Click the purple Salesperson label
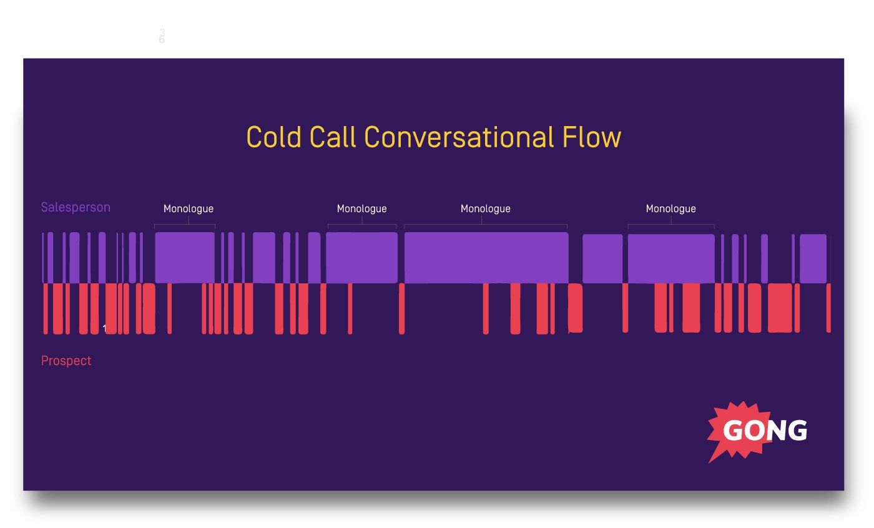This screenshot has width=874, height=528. point(76,207)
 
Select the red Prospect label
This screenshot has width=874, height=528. point(66,361)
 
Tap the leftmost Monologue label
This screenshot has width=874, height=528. point(189,208)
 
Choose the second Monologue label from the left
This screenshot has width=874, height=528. point(361,208)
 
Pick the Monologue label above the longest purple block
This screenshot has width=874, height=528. point(485,208)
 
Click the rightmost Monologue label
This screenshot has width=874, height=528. point(670,208)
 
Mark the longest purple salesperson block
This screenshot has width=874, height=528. point(486,258)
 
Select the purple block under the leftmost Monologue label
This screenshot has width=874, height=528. point(185,258)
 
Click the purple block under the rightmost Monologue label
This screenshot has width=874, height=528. point(671,258)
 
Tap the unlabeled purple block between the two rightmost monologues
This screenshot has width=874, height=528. point(602,258)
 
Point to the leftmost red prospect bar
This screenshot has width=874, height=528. point(45,308)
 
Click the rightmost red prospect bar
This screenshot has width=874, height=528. point(828,308)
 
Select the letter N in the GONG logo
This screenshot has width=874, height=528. point(777,431)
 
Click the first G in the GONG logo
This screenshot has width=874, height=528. point(734,431)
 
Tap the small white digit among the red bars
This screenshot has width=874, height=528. point(104,328)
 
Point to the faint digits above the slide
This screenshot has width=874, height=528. point(162,36)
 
